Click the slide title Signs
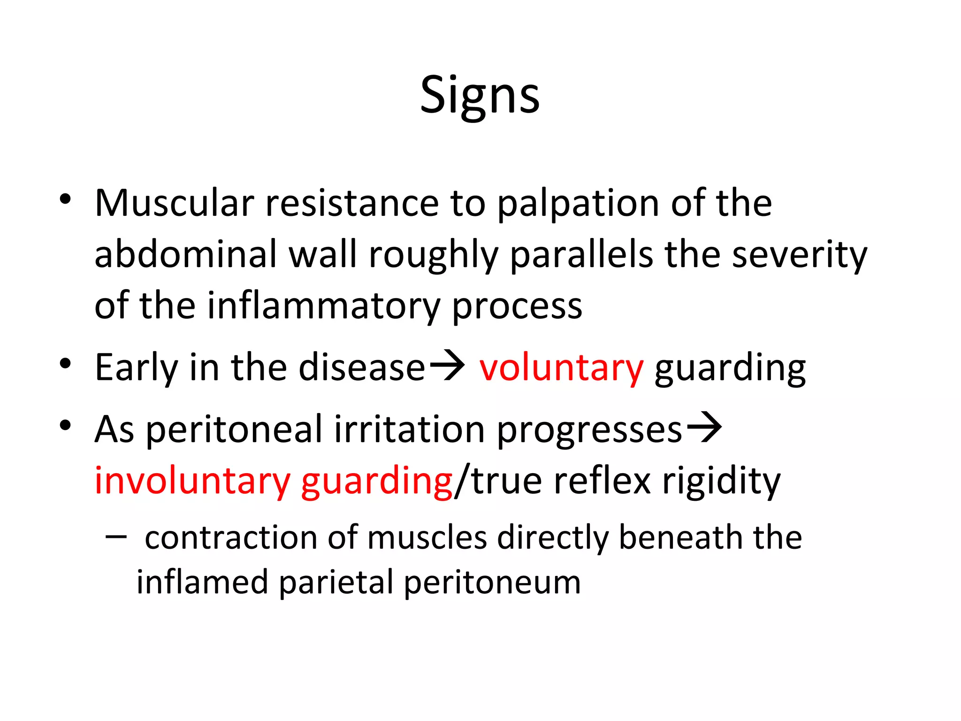pos(480,96)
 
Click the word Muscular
pos(174,203)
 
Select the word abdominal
pos(186,254)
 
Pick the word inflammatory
pos(323,306)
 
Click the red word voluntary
pos(561,368)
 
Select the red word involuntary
pos(192,482)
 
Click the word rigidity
pos(721,482)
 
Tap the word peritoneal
pos(234,430)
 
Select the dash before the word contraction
pos(116,537)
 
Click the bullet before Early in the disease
pos(65,364)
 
